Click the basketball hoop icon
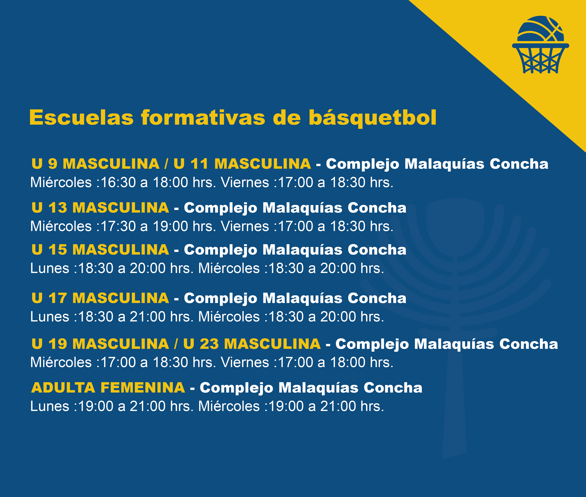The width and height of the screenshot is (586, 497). [540, 45]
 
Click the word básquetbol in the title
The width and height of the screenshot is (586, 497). [372, 117]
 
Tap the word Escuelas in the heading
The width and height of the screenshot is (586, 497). [81, 117]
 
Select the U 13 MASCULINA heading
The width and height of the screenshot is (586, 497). [100, 208]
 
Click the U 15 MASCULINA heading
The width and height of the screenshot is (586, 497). [100, 250]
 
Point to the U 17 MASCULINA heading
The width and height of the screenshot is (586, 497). [100, 298]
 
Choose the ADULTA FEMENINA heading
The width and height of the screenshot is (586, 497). [108, 387]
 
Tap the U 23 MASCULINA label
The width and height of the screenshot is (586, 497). [252, 344]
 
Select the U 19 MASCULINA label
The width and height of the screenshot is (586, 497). [100, 344]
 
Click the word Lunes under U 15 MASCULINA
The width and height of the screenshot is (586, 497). [50, 268]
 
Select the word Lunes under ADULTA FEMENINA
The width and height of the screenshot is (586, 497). [50, 406]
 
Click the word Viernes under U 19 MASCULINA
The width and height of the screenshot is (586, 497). [245, 362]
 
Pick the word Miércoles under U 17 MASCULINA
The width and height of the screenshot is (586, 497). [229, 316]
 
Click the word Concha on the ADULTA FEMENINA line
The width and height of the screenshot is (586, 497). [393, 387]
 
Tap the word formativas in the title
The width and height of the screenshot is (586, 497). [203, 117]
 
